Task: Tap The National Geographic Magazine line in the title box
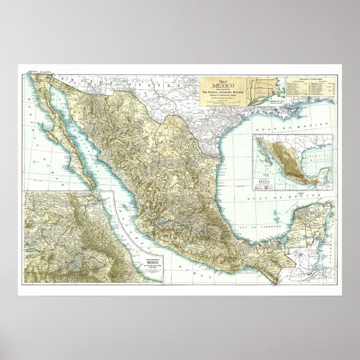(x=222, y=93)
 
